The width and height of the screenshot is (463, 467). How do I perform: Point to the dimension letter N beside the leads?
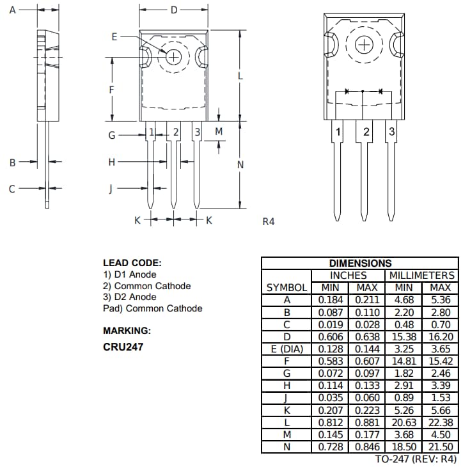coord(240,164)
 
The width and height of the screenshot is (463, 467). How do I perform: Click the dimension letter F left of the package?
coord(111,90)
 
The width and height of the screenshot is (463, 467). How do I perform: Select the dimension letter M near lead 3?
coord(219,131)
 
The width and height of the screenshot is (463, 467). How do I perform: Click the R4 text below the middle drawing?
coord(269,221)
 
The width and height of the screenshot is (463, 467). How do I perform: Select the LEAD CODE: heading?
coord(132,263)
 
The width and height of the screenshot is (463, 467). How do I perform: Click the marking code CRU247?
coord(123,347)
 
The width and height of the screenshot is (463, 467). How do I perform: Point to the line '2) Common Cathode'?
coord(146,286)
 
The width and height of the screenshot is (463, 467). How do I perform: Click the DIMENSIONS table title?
coord(360,263)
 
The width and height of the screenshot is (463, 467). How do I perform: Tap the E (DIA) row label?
coord(287,349)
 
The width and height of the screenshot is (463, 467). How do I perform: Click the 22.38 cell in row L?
coord(441,422)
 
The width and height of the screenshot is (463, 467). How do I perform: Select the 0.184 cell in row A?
coord(331,299)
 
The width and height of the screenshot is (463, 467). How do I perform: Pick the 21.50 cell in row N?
coord(441,447)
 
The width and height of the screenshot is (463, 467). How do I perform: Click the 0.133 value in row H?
coord(367,385)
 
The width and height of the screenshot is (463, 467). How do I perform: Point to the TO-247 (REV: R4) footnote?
coord(416,459)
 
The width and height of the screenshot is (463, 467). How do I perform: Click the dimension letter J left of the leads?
coord(111,189)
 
